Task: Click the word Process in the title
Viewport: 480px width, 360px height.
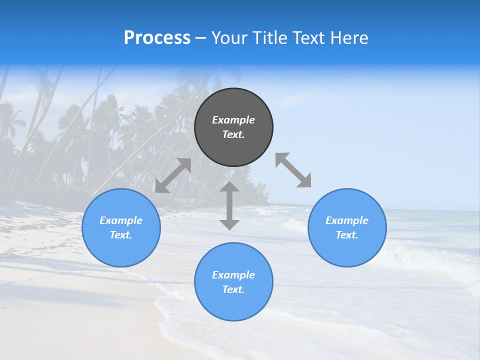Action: (x=157, y=38)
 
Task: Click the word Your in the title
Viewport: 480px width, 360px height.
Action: (x=230, y=38)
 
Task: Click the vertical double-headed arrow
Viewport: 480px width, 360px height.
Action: (x=229, y=205)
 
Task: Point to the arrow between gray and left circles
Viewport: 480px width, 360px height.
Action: (x=173, y=175)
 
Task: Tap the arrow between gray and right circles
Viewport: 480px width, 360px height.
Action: (x=293, y=170)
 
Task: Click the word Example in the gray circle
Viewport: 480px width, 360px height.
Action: (x=233, y=120)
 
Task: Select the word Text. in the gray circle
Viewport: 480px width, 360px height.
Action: (x=233, y=134)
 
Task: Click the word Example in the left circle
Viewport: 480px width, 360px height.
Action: (x=121, y=220)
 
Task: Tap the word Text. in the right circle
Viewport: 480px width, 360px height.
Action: (x=347, y=235)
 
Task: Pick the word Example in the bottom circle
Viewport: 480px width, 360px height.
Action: (x=233, y=275)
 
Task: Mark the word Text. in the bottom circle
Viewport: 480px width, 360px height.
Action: (x=233, y=289)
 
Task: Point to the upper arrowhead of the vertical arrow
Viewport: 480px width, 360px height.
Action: (x=229, y=187)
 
